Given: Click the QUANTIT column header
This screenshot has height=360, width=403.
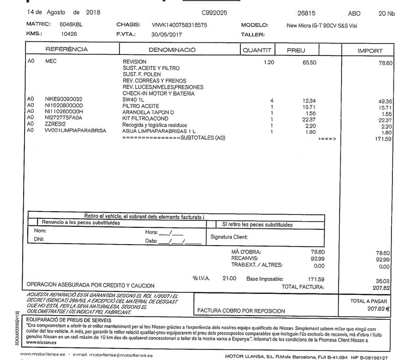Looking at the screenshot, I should point(257,50).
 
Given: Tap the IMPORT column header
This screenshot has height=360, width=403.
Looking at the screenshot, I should point(370,51).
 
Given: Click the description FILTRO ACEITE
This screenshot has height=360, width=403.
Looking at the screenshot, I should point(141,106).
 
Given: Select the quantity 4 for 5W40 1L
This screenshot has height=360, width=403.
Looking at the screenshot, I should point(272,100).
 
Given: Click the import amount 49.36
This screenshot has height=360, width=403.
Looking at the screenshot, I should point(384,101).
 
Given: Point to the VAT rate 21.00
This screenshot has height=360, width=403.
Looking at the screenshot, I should point(229,278).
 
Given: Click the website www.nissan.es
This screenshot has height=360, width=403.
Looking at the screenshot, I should point(40,342).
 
